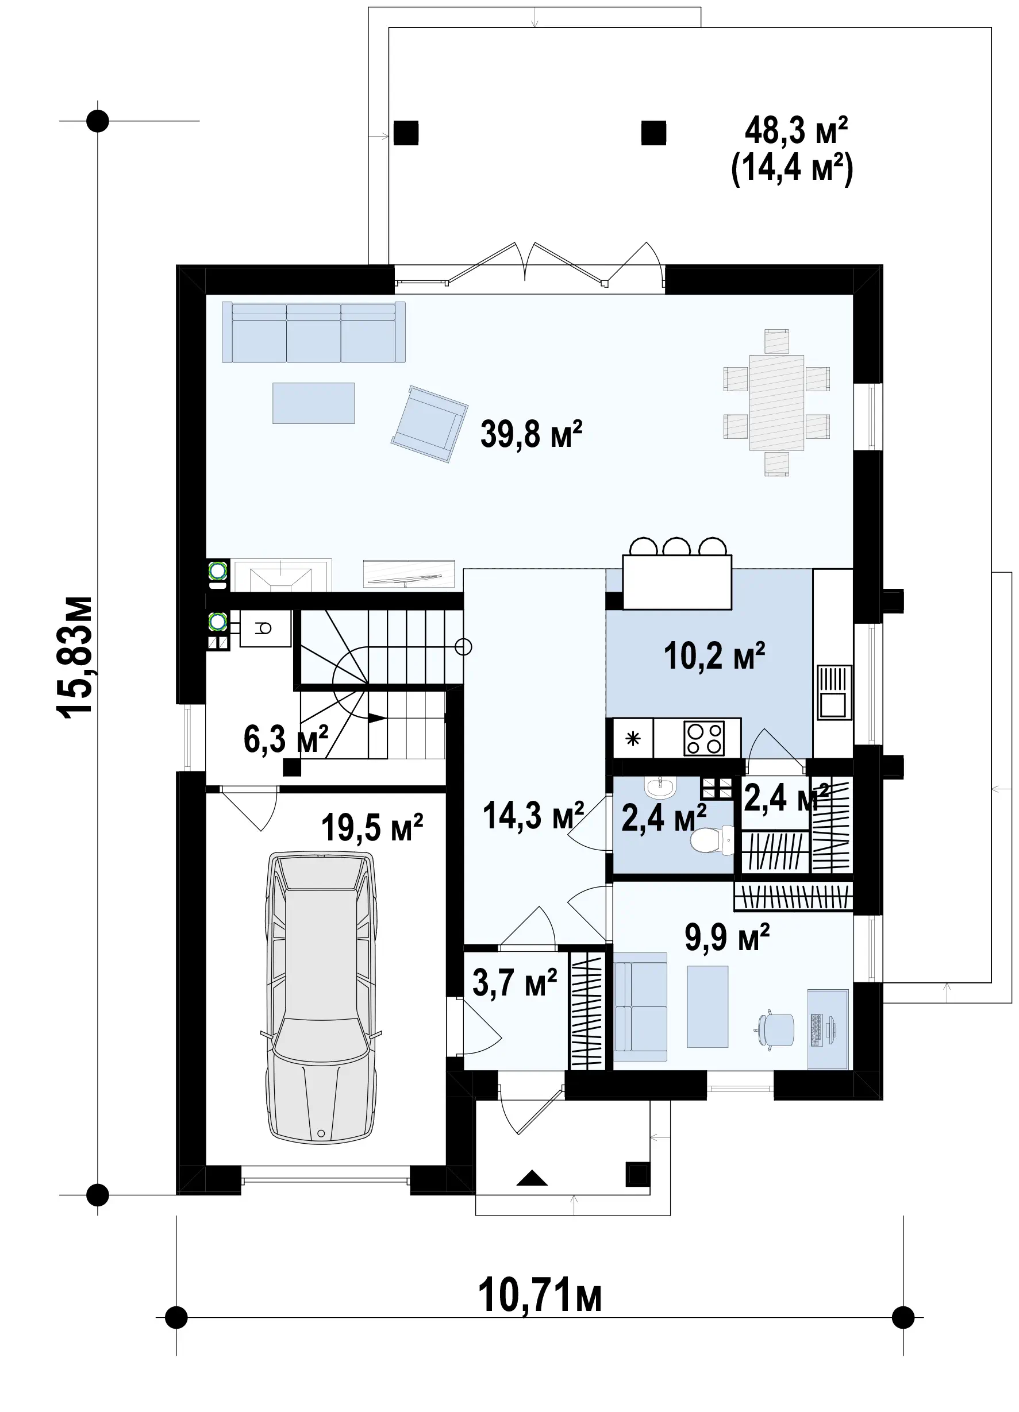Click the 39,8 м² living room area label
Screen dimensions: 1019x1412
pos(531,434)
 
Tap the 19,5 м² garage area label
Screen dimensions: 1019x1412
pos(372,827)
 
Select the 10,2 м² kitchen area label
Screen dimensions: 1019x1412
pos(714,655)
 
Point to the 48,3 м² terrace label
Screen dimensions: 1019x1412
pos(796,131)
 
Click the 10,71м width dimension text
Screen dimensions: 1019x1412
pos(540,1295)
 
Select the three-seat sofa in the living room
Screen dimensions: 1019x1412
pos(314,332)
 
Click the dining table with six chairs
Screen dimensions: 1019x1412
pos(776,403)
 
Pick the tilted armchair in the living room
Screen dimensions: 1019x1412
pos(429,424)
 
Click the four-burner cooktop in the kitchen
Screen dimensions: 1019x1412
pos(704,738)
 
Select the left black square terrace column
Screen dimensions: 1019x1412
pos(406,133)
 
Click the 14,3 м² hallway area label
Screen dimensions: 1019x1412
pos(533,815)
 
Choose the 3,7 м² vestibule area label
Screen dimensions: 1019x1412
pos(514,983)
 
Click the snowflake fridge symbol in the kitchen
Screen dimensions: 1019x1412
pos(633,738)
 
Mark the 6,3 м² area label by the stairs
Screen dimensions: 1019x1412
pos(286,740)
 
